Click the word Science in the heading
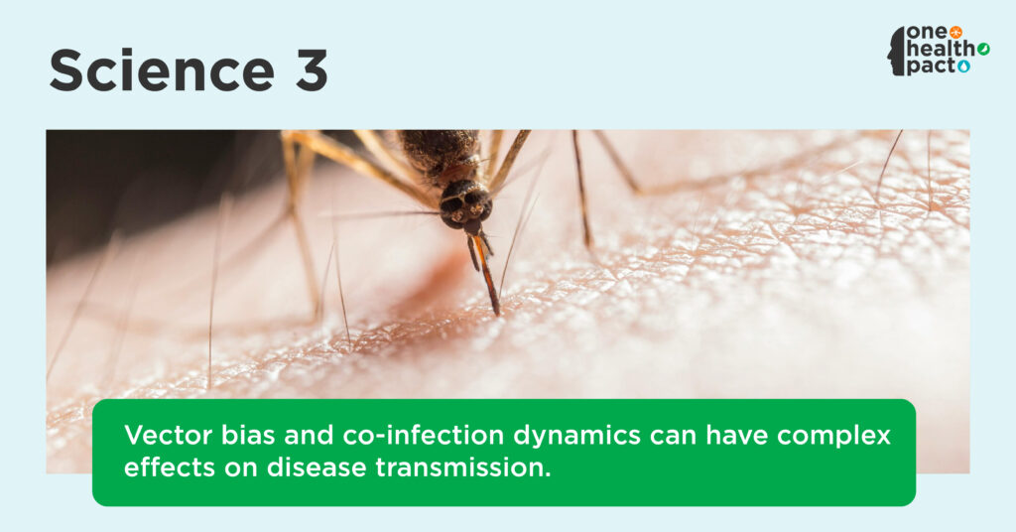[162, 70]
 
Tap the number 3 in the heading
[312, 70]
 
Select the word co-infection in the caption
[423, 435]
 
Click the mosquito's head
[466, 204]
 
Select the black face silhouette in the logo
[897, 52]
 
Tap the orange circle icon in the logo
[955, 33]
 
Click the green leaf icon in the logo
[983, 50]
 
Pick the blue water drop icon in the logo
[964, 66]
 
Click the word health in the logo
[941, 49]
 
